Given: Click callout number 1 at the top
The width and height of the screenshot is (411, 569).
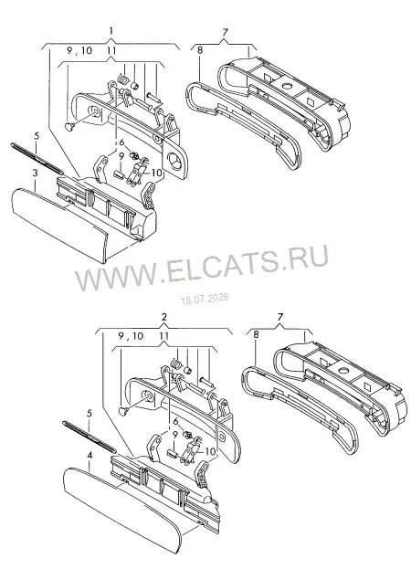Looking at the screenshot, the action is [x=111, y=30].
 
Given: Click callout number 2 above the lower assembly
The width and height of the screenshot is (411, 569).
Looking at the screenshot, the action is [x=164, y=317].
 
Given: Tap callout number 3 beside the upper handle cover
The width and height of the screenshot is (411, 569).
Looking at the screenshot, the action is [x=35, y=174].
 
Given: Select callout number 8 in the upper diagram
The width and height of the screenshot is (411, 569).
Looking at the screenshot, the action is [x=200, y=50].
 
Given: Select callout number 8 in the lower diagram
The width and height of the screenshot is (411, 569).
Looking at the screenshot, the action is [x=256, y=334].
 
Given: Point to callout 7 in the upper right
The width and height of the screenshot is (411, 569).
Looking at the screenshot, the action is [x=225, y=32].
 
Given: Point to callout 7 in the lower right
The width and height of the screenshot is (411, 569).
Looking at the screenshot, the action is [x=279, y=317].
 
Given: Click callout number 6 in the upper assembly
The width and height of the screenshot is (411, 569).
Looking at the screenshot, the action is [x=121, y=142].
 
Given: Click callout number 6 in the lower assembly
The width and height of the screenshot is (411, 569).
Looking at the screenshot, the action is [x=176, y=421].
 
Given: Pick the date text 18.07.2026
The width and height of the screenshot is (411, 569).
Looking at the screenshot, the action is [x=205, y=299].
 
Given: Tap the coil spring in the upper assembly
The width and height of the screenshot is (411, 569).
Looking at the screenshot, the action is [x=123, y=81].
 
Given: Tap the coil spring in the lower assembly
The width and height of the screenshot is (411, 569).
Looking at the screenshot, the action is [x=176, y=364].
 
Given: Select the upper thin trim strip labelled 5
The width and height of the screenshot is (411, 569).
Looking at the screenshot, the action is [x=37, y=157].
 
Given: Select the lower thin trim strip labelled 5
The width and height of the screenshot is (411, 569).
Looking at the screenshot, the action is [x=90, y=437].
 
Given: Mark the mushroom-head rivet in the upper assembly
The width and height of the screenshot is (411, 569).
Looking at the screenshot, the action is [x=68, y=126].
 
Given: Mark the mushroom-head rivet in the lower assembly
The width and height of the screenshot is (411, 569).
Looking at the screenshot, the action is [x=123, y=410].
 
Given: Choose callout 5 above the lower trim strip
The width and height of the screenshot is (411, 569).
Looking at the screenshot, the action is [x=89, y=414].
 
